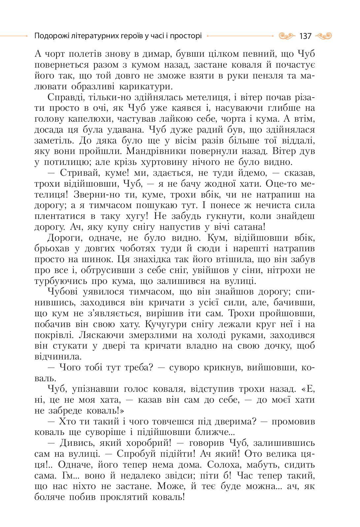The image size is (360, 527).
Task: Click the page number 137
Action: click(x=305, y=36)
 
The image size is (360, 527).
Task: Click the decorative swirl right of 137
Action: click(x=324, y=36)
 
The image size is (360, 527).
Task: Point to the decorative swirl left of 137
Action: click(x=286, y=36)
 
